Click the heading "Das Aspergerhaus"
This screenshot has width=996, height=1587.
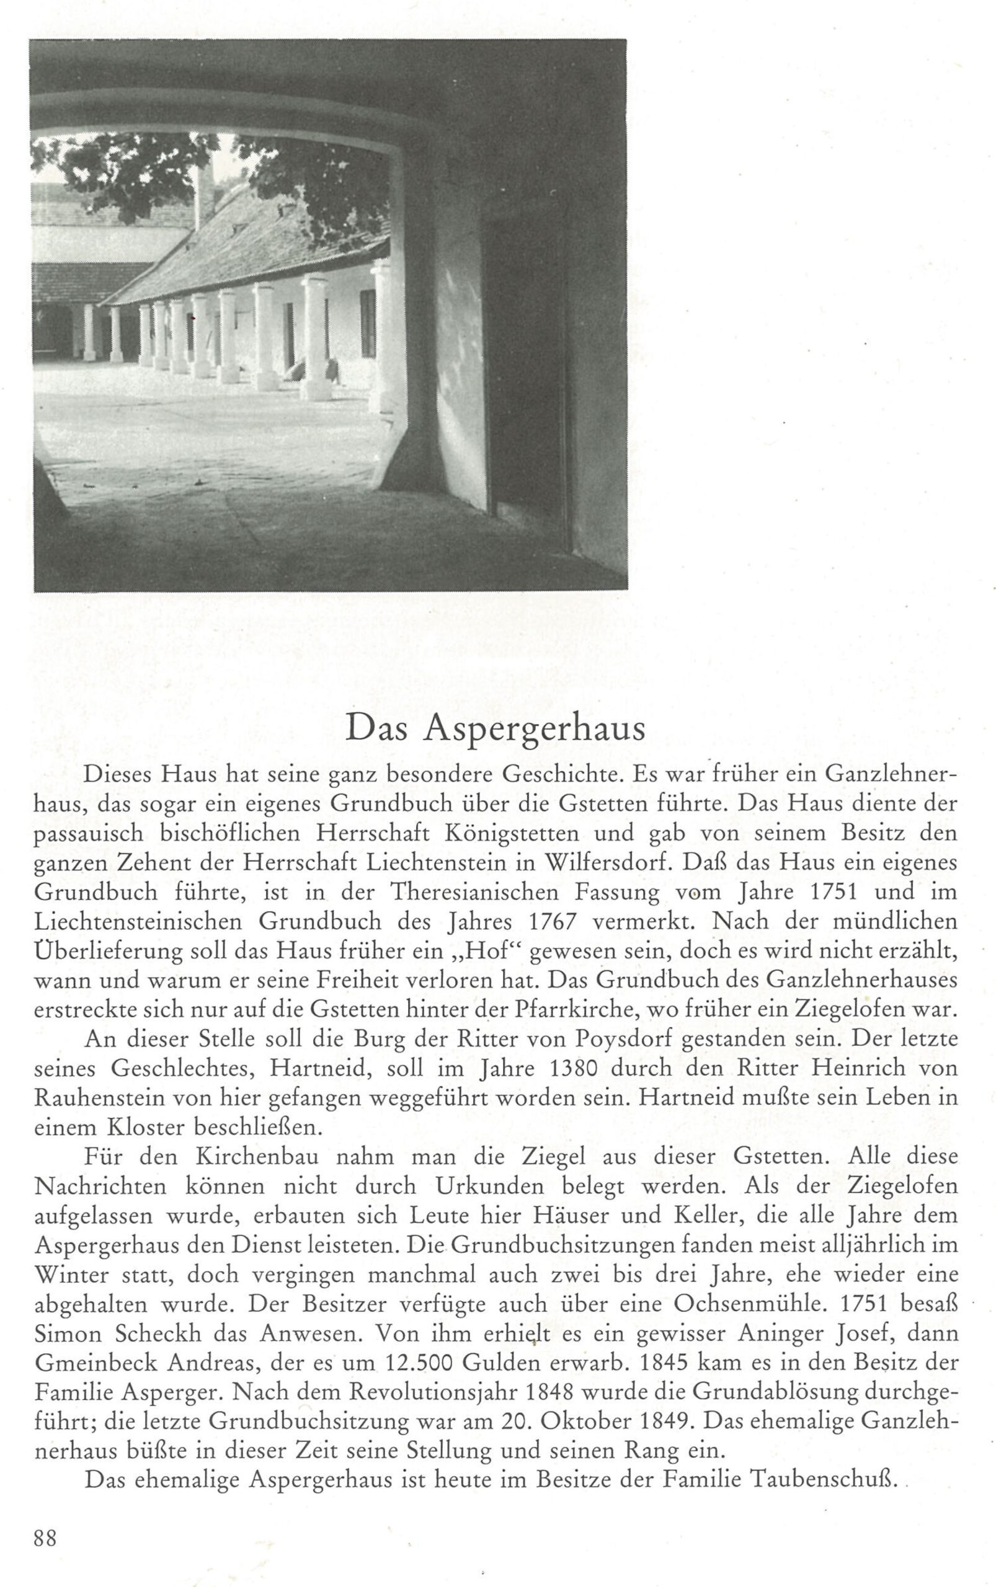click(x=495, y=728)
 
